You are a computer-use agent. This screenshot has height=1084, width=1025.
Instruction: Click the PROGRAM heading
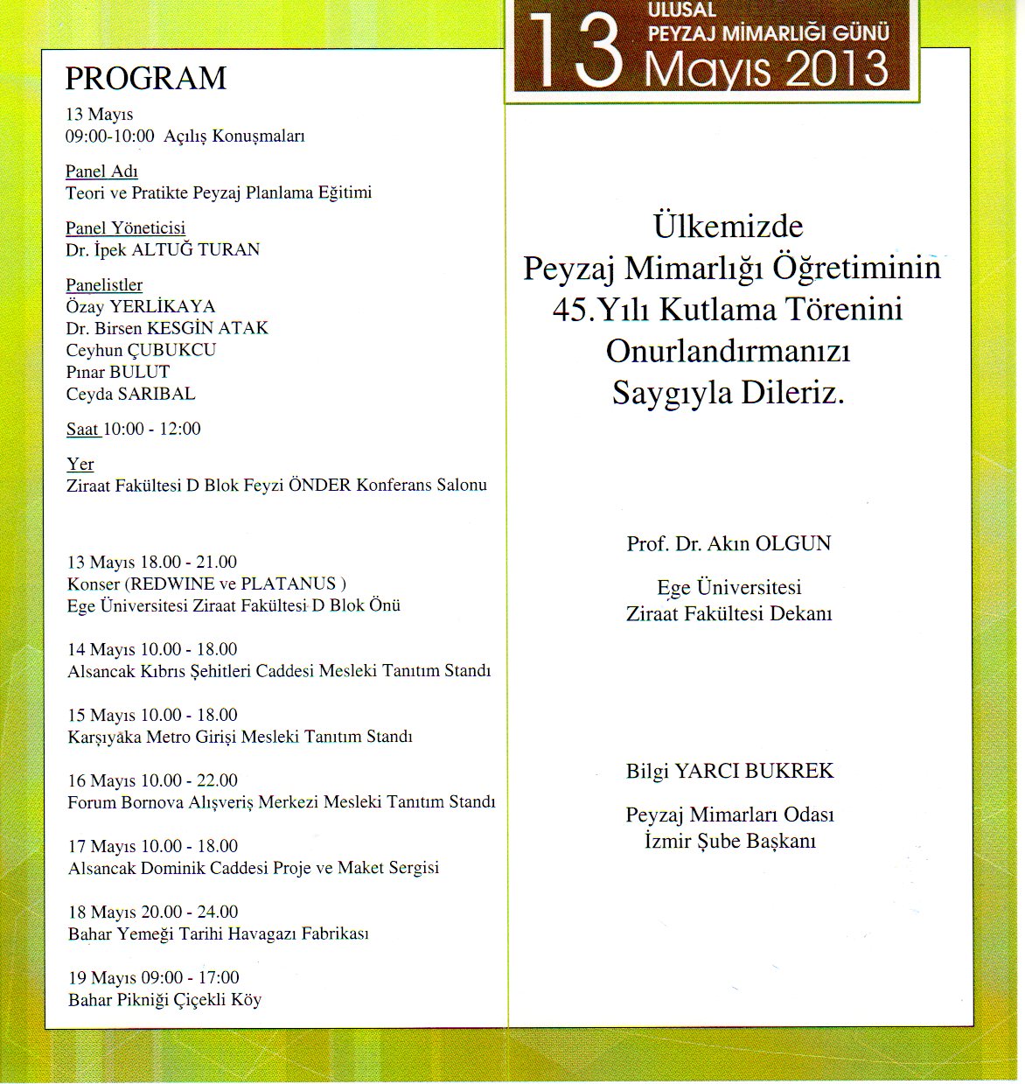(x=145, y=79)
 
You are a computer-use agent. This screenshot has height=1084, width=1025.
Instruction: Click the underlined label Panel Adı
(x=101, y=171)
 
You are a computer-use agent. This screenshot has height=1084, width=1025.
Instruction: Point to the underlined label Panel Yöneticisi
(x=125, y=228)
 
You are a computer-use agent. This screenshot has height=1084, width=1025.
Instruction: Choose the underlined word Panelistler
(x=104, y=285)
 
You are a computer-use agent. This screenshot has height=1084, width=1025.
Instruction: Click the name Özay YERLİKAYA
(x=140, y=307)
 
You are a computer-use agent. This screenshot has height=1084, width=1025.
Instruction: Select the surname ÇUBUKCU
(x=171, y=350)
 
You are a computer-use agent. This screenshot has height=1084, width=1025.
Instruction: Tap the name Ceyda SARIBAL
(x=130, y=394)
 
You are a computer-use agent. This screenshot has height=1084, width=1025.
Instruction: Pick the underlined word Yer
(x=80, y=464)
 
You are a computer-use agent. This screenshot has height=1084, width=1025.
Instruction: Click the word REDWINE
(x=171, y=584)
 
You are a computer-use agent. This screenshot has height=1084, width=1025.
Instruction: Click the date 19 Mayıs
(x=101, y=977)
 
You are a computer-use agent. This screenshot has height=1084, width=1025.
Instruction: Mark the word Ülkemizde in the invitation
(x=728, y=227)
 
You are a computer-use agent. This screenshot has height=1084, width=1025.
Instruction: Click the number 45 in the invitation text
(x=569, y=310)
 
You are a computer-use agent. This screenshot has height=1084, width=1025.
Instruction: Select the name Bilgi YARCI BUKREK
(x=729, y=771)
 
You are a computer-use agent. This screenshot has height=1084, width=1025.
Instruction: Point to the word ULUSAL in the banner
(x=681, y=10)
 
